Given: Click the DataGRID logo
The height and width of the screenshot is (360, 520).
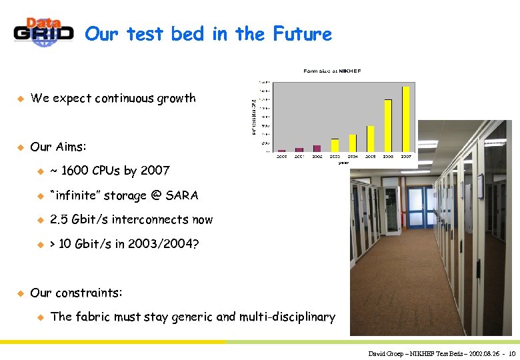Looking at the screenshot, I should tap(43, 32).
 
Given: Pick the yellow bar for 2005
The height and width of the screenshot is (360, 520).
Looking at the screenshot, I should tap(370, 138).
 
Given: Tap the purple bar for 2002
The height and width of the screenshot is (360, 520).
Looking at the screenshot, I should tap(317, 148).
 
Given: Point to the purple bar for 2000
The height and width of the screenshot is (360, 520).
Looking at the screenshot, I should tap(281, 150).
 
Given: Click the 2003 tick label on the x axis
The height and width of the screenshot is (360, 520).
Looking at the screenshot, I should tap(335, 157).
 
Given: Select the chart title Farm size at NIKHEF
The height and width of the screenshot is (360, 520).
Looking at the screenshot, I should tap(332, 70).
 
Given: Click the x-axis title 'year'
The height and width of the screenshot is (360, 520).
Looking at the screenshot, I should tap(343, 162).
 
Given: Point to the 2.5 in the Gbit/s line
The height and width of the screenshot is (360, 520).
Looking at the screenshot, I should tap(59, 220).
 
